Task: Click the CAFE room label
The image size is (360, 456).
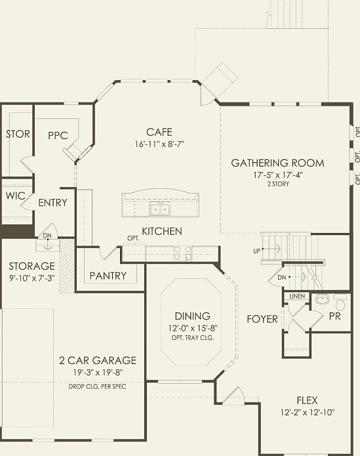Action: [159, 132]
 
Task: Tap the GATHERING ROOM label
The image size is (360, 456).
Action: [277, 163]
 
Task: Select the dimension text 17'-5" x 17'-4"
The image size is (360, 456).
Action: [278, 175]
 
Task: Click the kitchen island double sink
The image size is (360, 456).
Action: [161, 209]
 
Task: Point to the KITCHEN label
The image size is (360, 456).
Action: [162, 232]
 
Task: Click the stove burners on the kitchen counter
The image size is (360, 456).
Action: [183, 253]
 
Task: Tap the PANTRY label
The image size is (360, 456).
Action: [108, 276]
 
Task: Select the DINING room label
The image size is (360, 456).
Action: [192, 316]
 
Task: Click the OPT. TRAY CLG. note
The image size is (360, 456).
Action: [193, 338]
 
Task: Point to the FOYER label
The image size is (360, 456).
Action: [262, 320]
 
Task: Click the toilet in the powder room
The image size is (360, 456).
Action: [340, 302]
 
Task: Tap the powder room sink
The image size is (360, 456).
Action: [321, 299]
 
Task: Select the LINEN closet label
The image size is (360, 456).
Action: [297, 296]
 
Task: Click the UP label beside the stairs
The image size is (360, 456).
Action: [256, 251]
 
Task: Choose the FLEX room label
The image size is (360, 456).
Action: [307, 400]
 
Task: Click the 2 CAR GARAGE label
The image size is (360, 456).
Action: [98, 361]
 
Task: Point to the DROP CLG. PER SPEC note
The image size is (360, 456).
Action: [97, 387]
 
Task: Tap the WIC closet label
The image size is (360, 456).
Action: [15, 196]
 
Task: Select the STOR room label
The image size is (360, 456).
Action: [18, 134]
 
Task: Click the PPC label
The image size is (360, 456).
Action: [58, 136]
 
